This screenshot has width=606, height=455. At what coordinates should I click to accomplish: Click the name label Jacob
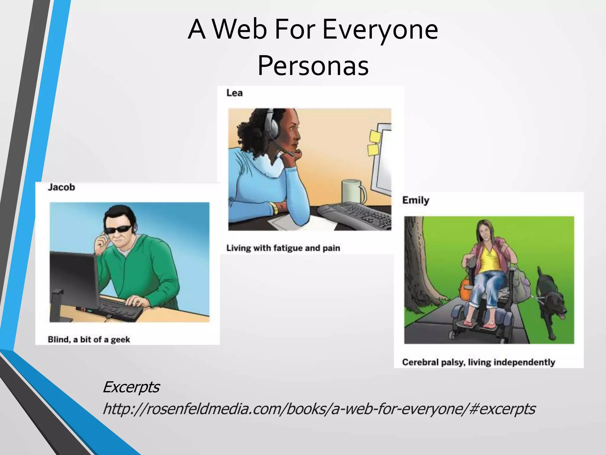point(61,187)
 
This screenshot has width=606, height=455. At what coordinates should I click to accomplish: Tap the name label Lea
point(234,93)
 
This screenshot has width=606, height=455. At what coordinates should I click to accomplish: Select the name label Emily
point(415,200)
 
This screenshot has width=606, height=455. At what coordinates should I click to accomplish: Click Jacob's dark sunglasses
point(118,229)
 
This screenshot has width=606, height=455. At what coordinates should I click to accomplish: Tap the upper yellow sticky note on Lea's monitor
point(375,137)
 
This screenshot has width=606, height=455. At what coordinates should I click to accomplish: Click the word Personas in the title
point(313,66)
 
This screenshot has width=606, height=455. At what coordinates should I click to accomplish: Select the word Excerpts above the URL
point(131,387)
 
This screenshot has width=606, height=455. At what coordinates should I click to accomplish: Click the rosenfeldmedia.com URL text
point(319,409)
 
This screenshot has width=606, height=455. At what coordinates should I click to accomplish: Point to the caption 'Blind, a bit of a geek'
point(89,339)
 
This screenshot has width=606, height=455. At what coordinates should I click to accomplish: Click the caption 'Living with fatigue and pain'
point(283,248)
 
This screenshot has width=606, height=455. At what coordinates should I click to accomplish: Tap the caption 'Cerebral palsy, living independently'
point(478,362)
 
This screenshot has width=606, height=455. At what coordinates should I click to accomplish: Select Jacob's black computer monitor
point(74,278)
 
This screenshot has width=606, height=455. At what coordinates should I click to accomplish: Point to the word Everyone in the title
point(380,30)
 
